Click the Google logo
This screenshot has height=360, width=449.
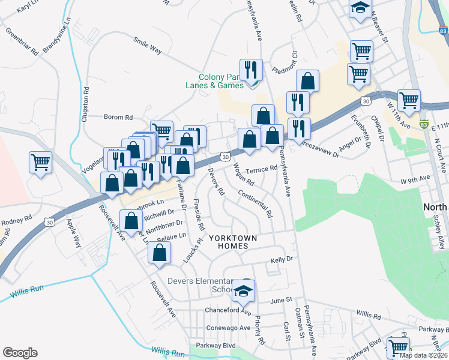(20, 353)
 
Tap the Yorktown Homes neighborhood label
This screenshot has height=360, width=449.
(233, 242)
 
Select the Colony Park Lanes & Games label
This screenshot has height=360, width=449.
(221, 81)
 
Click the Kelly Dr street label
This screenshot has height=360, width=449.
(281, 259)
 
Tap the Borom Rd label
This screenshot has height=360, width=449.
(118, 117)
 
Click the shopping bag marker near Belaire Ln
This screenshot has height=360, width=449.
(159, 253)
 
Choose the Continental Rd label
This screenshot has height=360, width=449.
(255, 204)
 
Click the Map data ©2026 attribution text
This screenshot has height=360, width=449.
(423, 355)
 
